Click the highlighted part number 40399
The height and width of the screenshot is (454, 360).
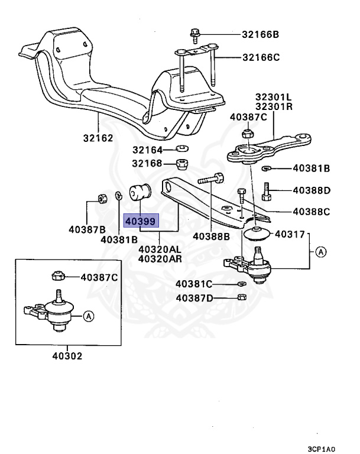tap(141, 222)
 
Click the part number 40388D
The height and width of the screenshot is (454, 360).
tap(312, 190)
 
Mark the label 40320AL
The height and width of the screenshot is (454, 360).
tap(160, 250)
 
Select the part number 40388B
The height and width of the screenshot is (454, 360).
tap(211, 237)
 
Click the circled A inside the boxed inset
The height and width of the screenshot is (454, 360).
tap(89, 316)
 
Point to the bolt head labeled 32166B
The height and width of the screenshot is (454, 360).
tap(196, 33)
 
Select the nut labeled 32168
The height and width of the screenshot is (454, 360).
tap(183, 164)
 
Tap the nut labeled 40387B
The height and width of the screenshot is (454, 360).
tap(101, 197)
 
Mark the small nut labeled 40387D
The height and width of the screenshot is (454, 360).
tap(241, 297)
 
